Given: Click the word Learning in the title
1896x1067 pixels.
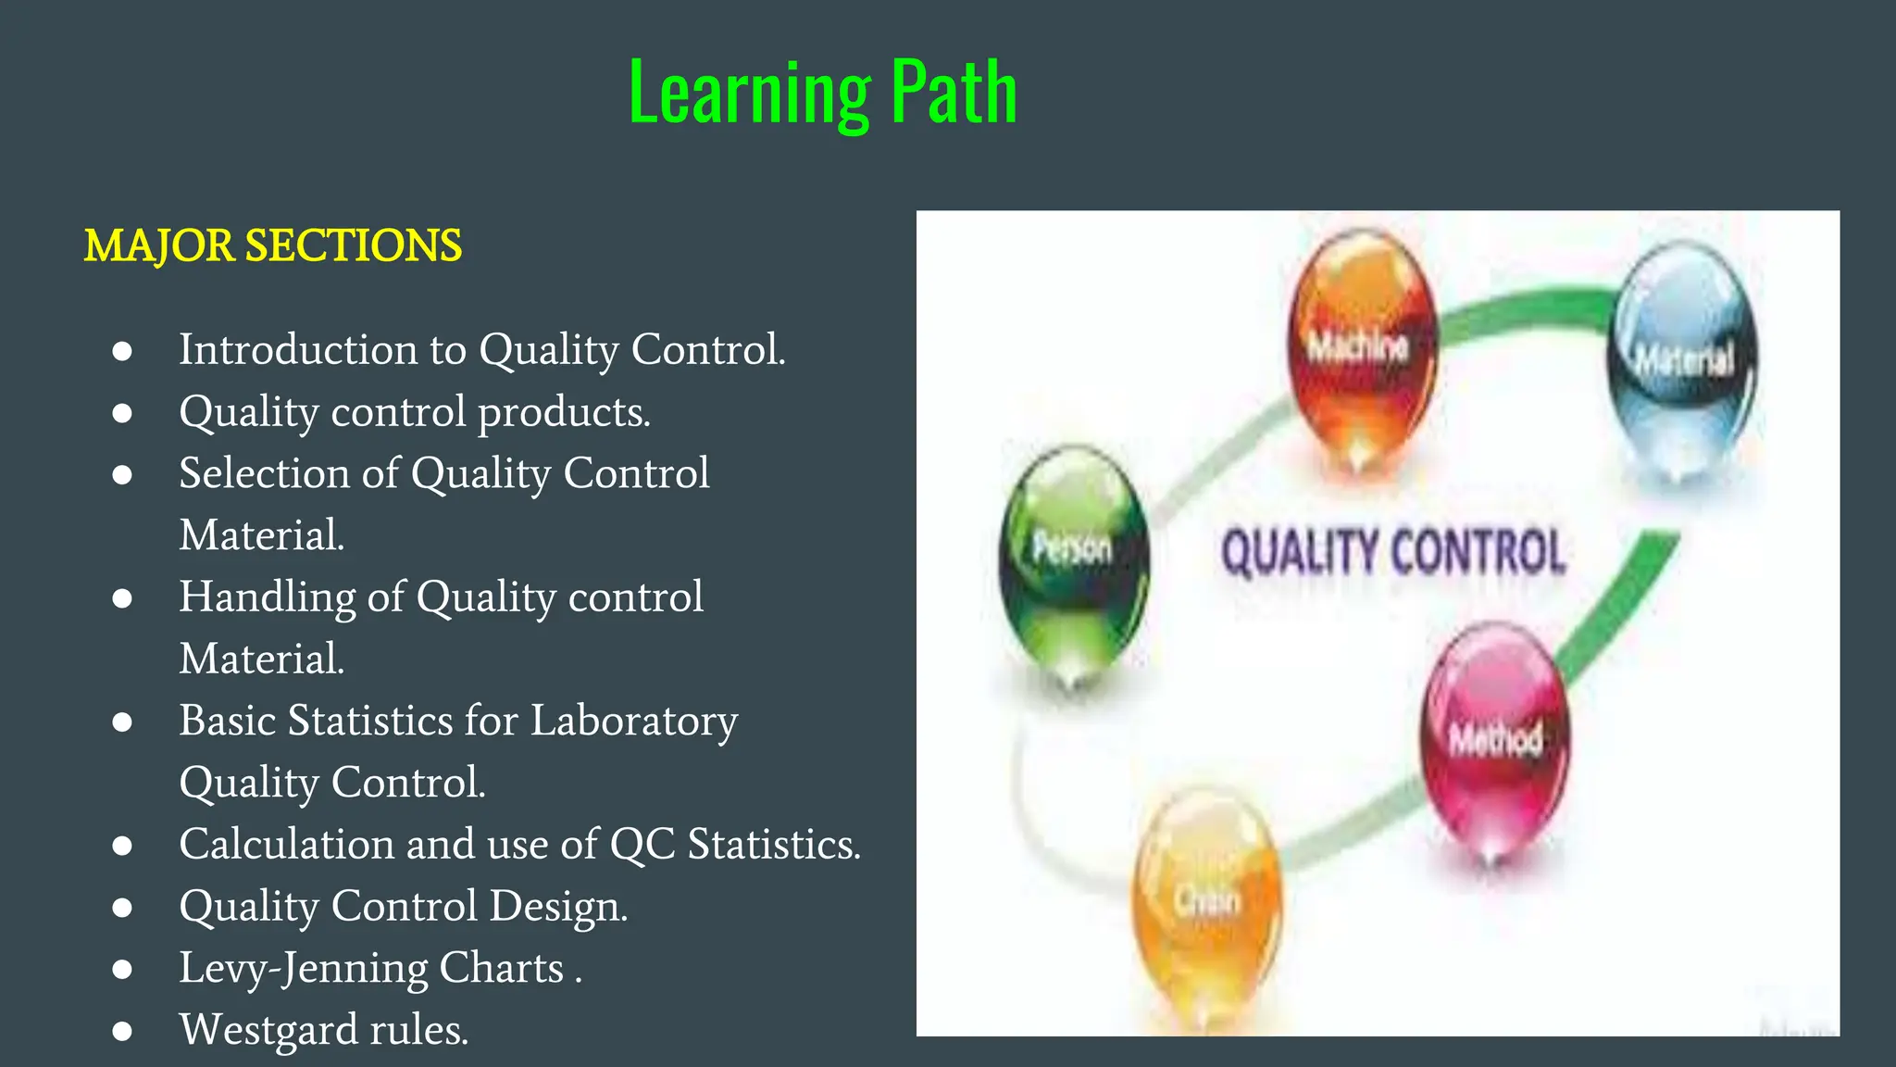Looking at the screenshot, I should tap(749, 93).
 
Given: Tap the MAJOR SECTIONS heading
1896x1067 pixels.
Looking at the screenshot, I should tap(272, 245).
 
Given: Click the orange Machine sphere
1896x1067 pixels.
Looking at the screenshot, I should tap(1361, 347).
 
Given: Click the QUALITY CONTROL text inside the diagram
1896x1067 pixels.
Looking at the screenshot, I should tap(1393, 552).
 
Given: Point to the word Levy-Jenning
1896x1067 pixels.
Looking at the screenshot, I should tap(304, 968).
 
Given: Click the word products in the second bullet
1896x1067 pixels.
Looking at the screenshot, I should tap(564, 412).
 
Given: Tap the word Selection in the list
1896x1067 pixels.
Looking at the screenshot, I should tap(264, 473).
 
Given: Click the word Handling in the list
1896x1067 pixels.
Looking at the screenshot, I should tap(267, 597).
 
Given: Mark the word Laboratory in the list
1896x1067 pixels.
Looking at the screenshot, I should tap(633, 721).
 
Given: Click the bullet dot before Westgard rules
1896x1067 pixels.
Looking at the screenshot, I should tap(122, 1030).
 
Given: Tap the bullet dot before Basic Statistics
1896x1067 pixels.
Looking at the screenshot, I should tap(122, 722).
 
